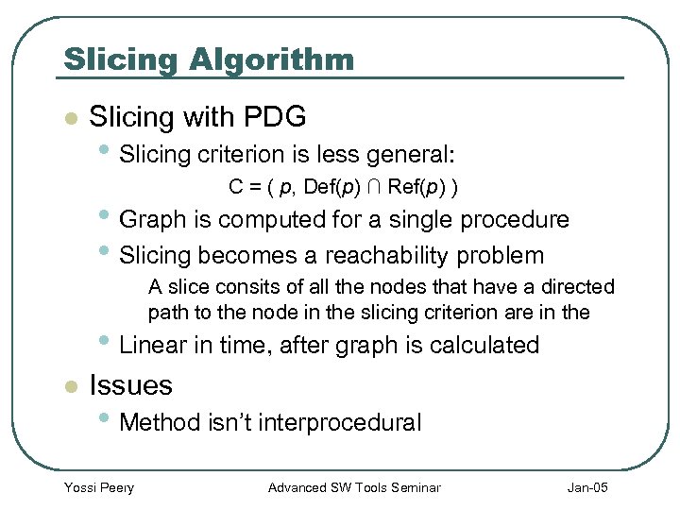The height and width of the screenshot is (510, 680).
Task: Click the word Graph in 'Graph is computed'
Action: [x=153, y=220]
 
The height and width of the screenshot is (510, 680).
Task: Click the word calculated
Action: [x=484, y=346]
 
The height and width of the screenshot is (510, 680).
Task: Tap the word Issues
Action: [x=130, y=385]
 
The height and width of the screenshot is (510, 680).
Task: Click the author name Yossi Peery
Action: [x=98, y=487]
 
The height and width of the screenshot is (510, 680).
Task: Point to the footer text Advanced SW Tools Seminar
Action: [x=354, y=487]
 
